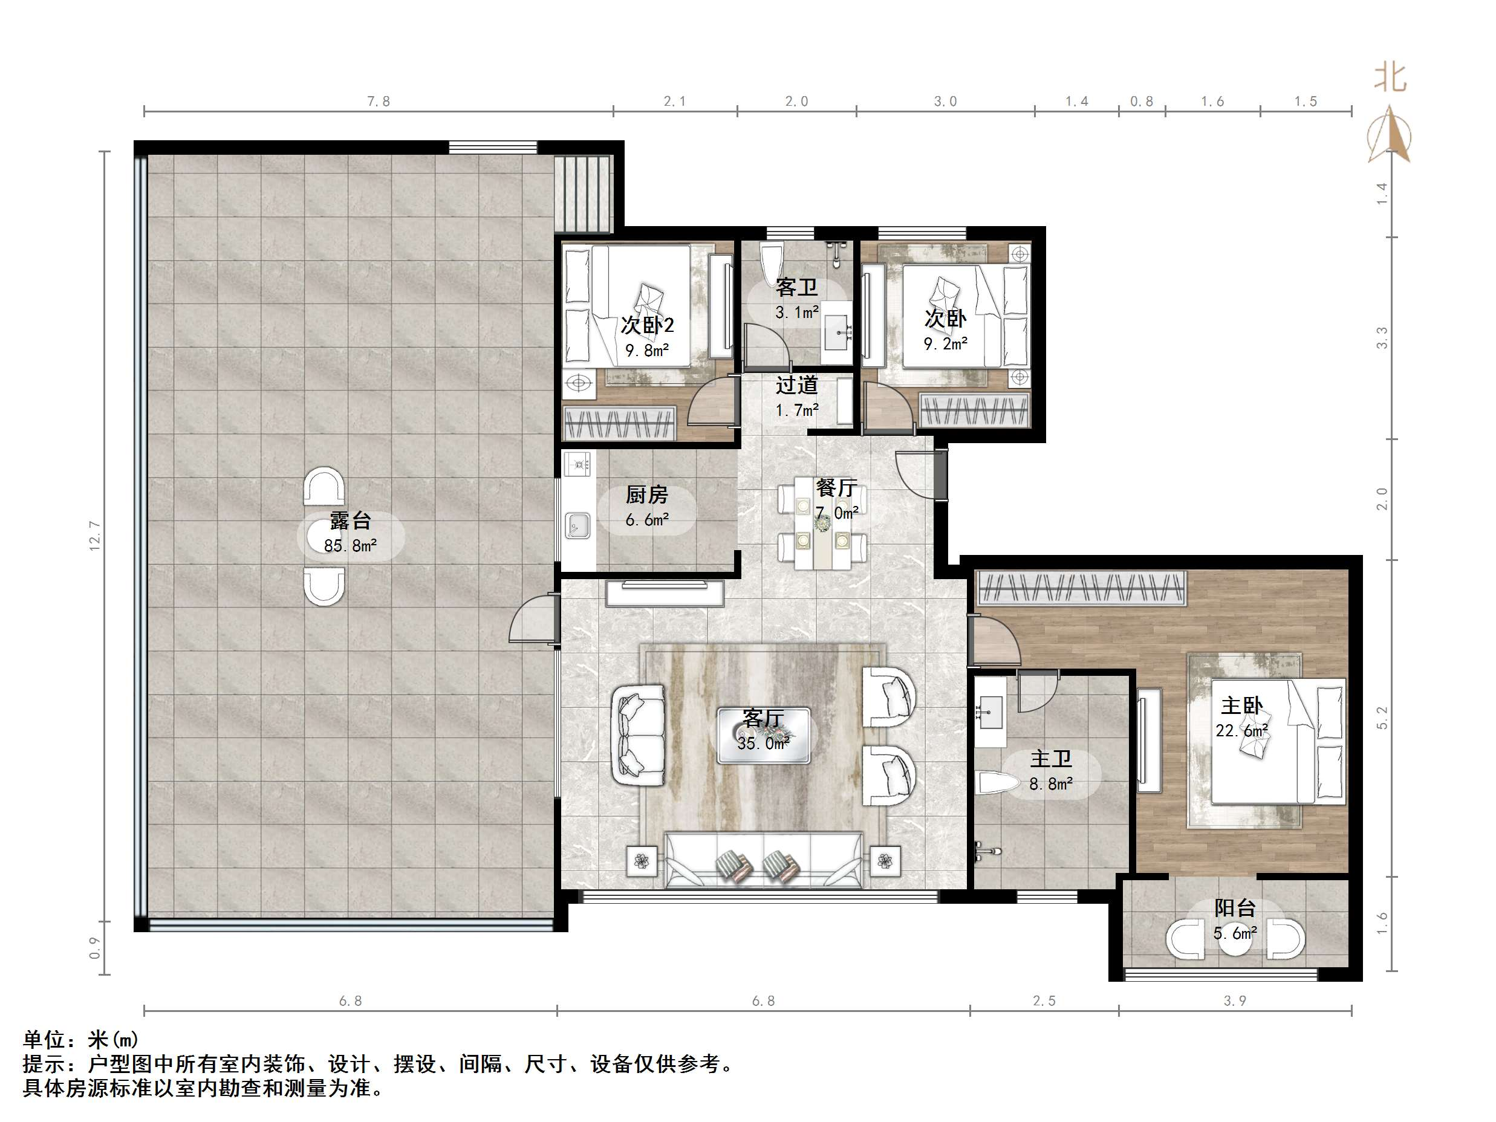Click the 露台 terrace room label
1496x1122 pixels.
[x=350, y=520]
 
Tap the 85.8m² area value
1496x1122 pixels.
[x=350, y=545]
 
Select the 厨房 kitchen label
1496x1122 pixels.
[x=646, y=495]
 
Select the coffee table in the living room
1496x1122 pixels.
[x=764, y=736]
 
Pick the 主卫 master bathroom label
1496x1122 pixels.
[x=1050, y=759]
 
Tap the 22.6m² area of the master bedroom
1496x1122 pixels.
[x=1241, y=731]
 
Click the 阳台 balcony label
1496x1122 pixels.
[x=1235, y=907]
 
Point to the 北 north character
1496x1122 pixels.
[x=1390, y=78]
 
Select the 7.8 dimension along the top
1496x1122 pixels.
[x=379, y=102]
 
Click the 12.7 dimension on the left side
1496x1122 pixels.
[x=96, y=535]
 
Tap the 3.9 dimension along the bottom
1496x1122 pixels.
[x=1235, y=1001]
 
